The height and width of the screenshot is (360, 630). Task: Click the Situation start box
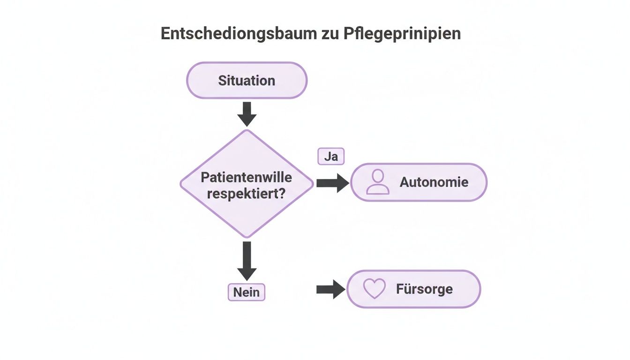(247, 80)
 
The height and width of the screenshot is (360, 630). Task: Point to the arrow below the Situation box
(247, 114)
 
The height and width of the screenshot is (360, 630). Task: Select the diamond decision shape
(247, 183)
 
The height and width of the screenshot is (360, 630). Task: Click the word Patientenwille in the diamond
(247, 177)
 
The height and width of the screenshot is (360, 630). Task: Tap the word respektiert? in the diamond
(247, 193)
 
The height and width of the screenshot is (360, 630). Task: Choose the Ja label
(331, 157)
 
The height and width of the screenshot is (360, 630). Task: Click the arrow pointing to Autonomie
(332, 183)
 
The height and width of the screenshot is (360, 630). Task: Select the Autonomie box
(419, 182)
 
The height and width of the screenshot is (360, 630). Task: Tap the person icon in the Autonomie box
(377, 182)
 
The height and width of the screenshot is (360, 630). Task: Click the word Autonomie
(434, 182)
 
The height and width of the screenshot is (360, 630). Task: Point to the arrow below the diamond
(247, 261)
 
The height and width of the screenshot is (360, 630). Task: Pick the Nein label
(247, 292)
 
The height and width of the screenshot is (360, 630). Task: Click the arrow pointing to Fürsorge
(330, 289)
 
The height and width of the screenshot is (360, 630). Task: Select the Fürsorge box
(413, 289)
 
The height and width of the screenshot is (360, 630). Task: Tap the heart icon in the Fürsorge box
(375, 289)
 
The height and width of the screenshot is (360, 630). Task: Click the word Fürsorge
(424, 289)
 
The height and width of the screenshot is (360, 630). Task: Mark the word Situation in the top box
(247, 80)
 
